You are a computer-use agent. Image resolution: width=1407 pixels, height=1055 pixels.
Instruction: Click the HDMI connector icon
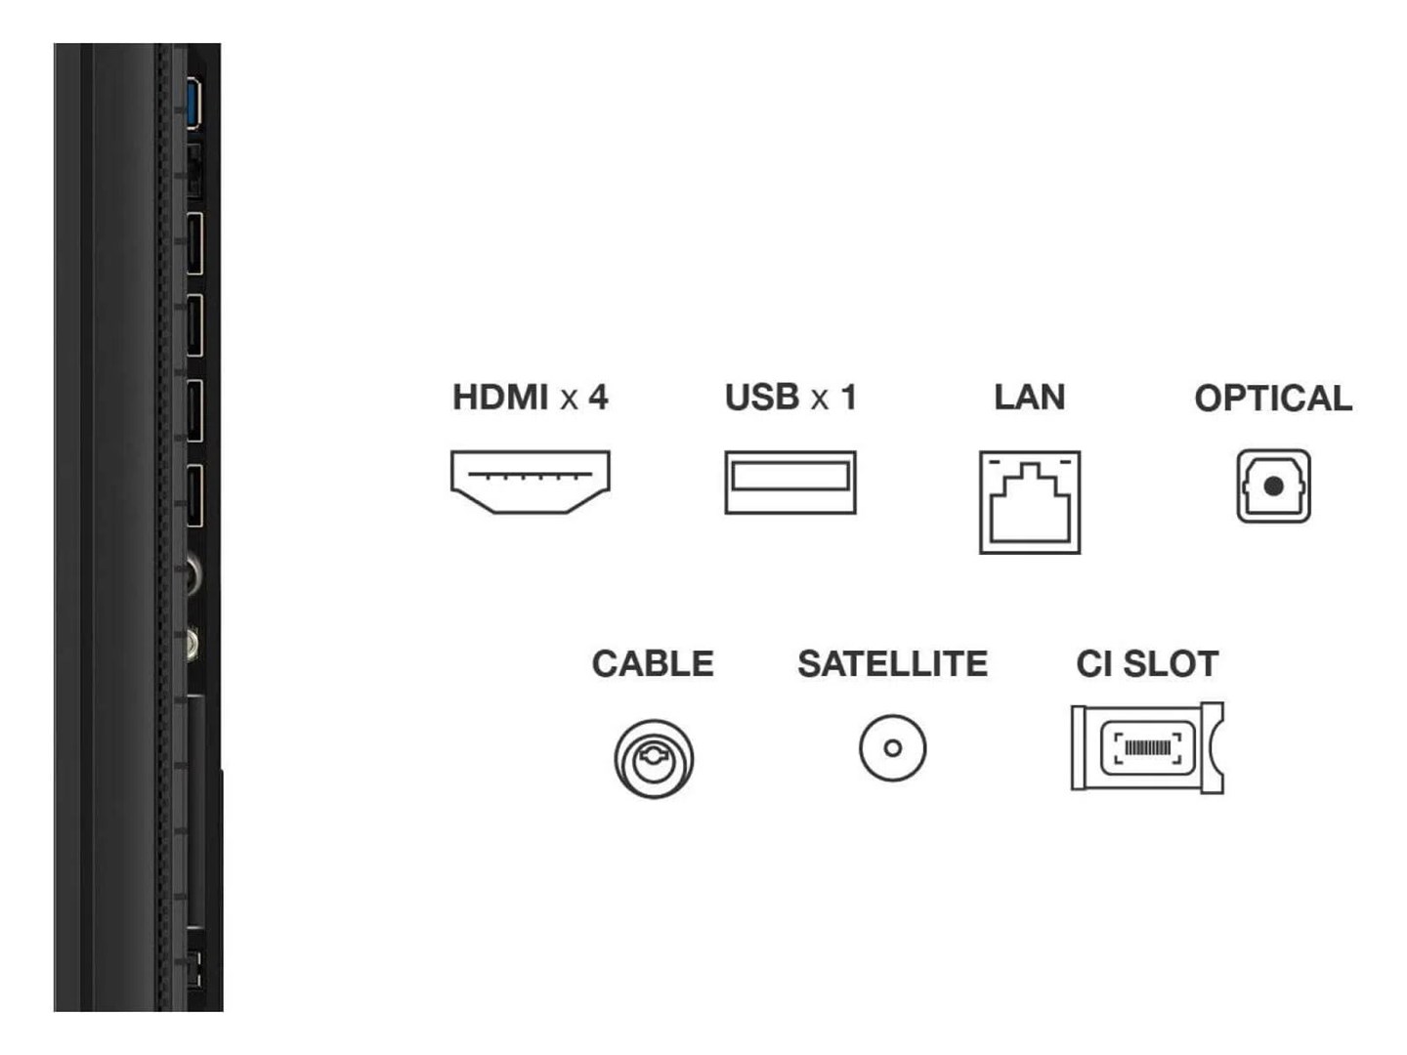[530, 481]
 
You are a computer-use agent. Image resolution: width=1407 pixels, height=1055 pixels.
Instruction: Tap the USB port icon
[789, 482]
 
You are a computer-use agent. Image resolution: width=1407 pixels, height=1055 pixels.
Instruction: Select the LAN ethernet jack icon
[1029, 502]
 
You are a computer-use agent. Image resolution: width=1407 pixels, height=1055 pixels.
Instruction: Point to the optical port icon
[1273, 485]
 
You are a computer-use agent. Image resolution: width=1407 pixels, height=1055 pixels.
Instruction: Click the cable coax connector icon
[654, 758]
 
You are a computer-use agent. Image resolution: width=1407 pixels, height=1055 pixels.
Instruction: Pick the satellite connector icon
[892, 748]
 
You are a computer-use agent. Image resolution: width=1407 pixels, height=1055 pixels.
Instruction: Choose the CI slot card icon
[1147, 747]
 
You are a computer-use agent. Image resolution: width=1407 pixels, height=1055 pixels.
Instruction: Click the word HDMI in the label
[500, 398]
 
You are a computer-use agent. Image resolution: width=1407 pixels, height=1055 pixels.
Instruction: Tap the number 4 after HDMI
[597, 398]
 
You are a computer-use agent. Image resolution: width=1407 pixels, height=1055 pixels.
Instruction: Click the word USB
[762, 398]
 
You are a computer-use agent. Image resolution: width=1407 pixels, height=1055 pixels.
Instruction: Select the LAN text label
[1029, 398]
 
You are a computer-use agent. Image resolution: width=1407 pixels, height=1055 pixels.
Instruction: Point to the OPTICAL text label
[1273, 399]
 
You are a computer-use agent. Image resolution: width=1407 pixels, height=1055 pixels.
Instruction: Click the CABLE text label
[653, 664]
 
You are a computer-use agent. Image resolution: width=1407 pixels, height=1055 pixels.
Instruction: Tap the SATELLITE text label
[892, 664]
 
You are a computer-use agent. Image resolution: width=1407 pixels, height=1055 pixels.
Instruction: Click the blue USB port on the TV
[193, 103]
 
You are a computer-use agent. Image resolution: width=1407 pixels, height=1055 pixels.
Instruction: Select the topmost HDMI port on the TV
[194, 242]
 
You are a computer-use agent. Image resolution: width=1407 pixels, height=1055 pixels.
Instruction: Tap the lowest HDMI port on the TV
[194, 495]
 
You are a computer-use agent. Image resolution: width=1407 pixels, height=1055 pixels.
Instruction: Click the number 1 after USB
[848, 398]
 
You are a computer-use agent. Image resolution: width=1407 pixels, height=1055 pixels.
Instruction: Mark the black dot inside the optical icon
[1273, 485]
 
